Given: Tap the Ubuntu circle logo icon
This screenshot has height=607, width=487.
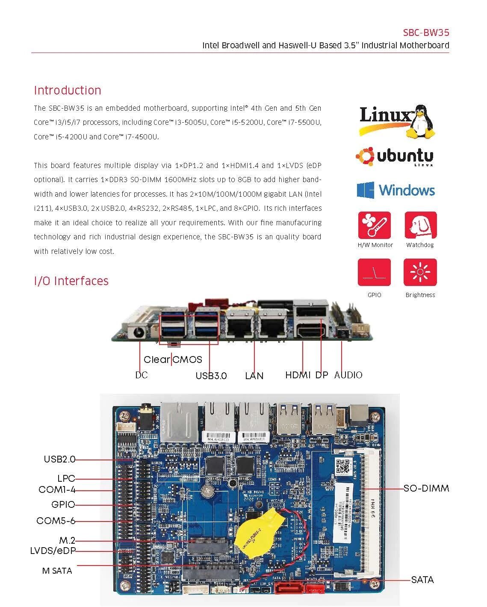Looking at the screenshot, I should (365, 156).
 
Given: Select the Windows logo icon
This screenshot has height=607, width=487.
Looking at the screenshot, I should (366, 190).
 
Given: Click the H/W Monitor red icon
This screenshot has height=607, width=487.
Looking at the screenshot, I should (374, 225).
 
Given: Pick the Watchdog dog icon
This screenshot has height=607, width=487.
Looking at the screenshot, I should (420, 225).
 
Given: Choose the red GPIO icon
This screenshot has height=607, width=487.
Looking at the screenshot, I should (374, 272).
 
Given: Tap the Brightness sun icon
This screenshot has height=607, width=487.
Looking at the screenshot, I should (420, 272).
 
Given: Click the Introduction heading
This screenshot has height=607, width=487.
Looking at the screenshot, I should (68, 90).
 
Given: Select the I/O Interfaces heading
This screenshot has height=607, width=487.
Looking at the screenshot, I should (71, 281).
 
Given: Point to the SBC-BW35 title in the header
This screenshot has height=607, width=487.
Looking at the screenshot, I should (426, 33).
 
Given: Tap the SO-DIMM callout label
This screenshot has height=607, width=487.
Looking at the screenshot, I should (426, 488).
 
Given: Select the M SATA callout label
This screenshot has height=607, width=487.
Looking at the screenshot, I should (57, 571).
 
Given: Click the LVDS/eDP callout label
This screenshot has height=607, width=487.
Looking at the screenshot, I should (53, 551).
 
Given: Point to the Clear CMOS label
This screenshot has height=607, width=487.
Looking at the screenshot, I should (173, 359).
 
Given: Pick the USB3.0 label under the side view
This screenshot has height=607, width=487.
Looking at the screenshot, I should (211, 376).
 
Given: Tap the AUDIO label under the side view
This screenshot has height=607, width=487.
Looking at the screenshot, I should (348, 375).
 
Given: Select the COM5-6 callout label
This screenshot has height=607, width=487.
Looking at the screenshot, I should (56, 521).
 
